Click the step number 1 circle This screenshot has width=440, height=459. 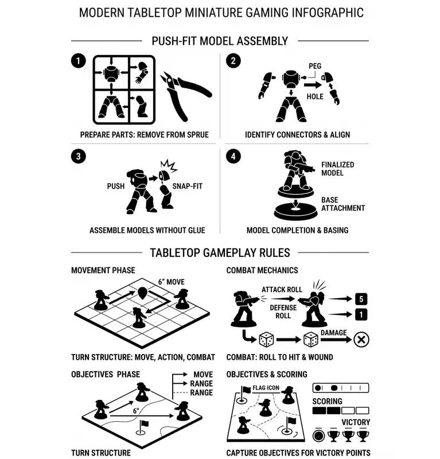pyautogui.click(x=78, y=61)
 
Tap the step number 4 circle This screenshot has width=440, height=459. pyautogui.click(x=233, y=156)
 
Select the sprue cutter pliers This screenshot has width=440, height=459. pyautogui.click(x=185, y=96)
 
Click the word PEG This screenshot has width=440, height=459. pyautogui.click(x=315, y=66)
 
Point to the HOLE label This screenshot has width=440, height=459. pyautogui.click(x=315, y=96)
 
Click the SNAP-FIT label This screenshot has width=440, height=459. pyautogui.click(x=188, y=186)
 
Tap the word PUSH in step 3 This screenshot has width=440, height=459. pyautogui.click(x=116, y=186)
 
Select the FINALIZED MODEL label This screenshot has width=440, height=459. pyautogui.click(x=337, y=169)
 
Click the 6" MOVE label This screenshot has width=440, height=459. pyautogui.click(x=172, y=282)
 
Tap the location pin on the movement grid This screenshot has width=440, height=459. pyautogui.click(x=142, y=293)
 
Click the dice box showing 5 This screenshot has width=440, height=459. pyautogui.click(x=361, y=299)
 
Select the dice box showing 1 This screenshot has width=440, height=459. pyautogui.click(x=361, y=314)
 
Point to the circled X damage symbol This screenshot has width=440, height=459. pyautogui.click(x=361, y=340)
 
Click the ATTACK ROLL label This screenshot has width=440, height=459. pyautogui.click(x=282, y=290)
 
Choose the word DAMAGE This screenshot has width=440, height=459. pyautogui.click(x=333, y=333)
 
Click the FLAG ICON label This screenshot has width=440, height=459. pyautogui.click(x=266, y=388)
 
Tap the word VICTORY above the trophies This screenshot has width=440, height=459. pyautogui.click(x=356, y=422)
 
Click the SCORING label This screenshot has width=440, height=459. pyautogui.click(x=327, y=401)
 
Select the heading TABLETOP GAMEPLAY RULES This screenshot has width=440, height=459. pyautogui.click(x=220, y=253)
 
